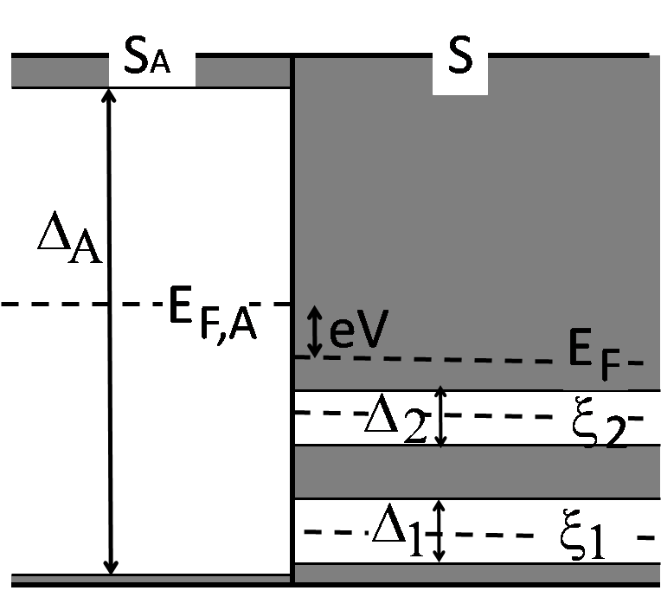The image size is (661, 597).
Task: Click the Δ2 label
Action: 395,417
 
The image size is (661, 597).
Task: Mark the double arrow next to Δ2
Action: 440,417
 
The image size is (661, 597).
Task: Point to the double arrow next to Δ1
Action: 440,531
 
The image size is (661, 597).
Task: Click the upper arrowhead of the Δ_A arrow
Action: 109,97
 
